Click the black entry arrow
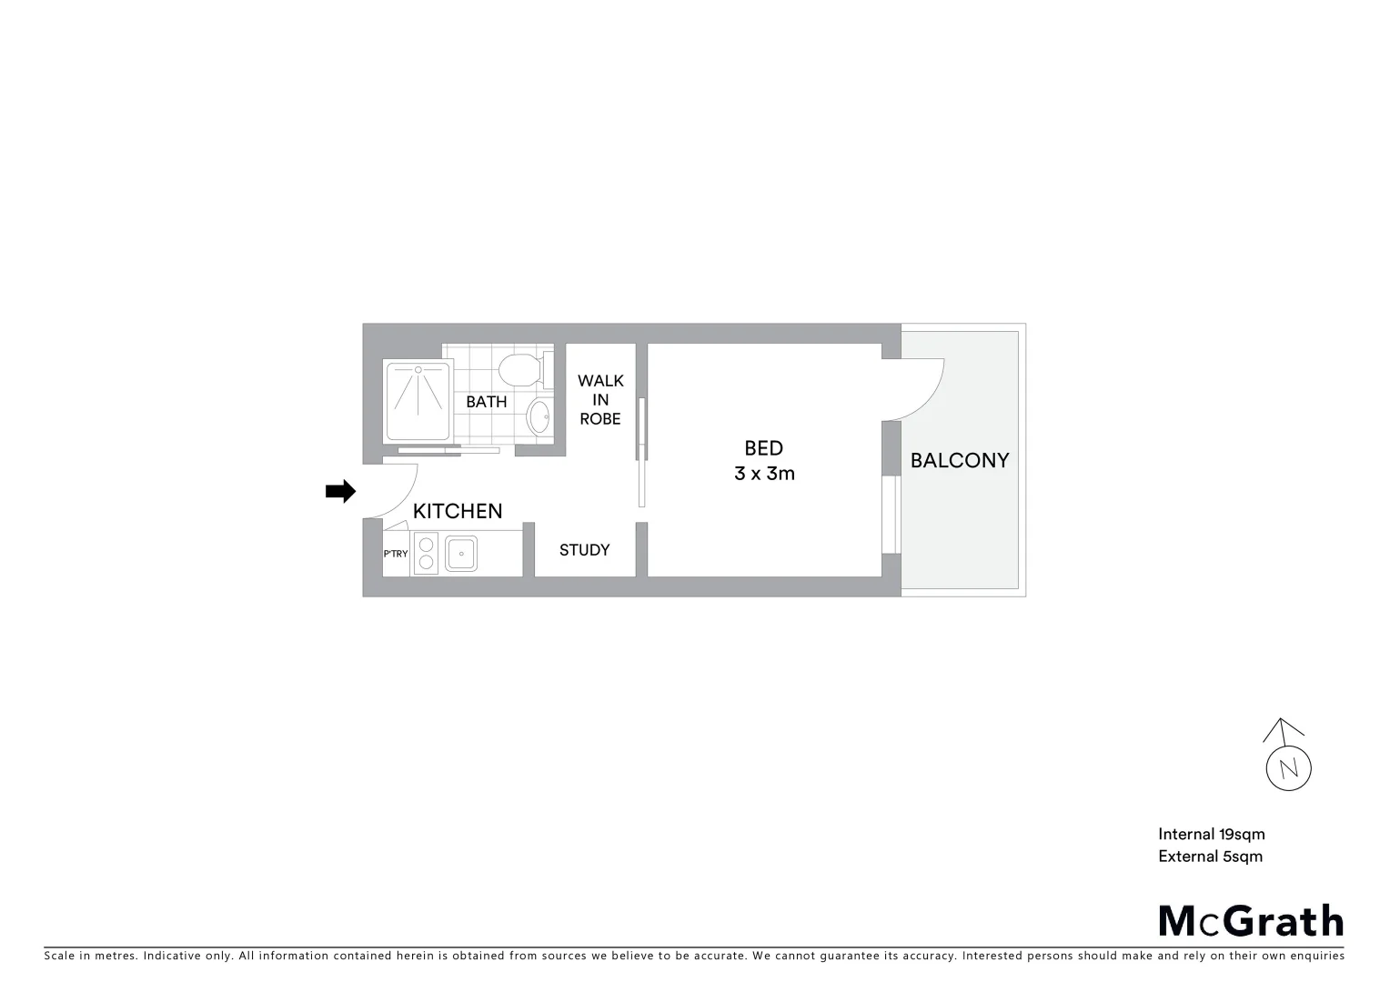[340, 492]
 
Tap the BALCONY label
[960, 460]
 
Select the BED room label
[763, 448]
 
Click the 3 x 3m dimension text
[764, 474]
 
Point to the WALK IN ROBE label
[600, 400]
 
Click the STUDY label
[584, 550]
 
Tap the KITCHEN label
[458, 511]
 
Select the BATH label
[487, 402]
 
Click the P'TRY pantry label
[396, 554]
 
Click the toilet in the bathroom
[520, 370]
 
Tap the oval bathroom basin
[539, 418]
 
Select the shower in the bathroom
[418, 401]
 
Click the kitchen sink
[461, 553]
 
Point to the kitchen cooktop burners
[425, 553]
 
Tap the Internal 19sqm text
[1211, 834]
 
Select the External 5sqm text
[1210, 857]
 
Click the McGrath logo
[1251, 921]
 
